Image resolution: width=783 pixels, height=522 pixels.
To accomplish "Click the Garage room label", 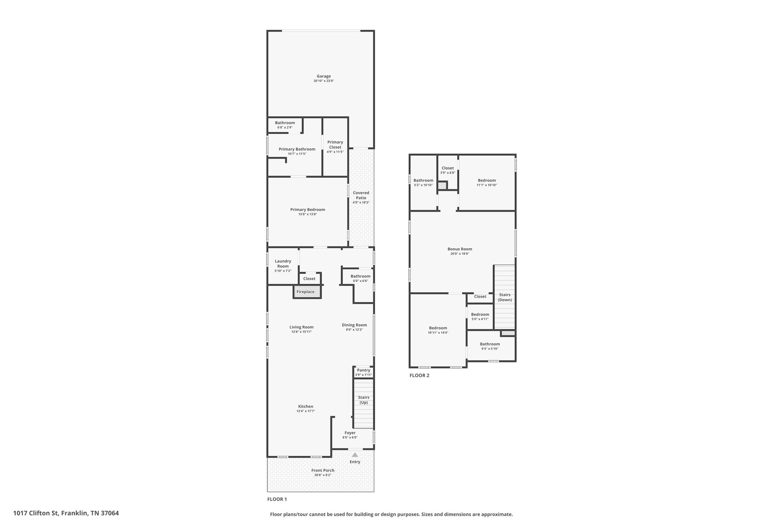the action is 324,76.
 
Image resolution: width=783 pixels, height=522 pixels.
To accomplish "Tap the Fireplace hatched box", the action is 307,292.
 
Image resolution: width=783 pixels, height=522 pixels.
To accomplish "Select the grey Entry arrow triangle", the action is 355,455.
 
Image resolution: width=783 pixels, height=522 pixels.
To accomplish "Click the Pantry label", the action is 364,370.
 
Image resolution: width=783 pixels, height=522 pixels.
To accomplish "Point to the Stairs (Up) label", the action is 364,400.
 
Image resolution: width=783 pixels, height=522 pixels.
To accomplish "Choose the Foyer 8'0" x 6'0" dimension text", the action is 350,437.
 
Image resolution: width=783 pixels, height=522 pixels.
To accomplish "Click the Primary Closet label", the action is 335,145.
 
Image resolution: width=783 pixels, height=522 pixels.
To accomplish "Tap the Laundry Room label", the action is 283,263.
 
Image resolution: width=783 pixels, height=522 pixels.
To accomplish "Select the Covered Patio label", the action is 361,195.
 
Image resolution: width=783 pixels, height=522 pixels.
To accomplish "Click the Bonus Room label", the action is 460,249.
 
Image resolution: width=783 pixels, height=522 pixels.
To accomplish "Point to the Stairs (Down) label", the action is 505,297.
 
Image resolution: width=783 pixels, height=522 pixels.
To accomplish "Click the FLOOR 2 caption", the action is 419,376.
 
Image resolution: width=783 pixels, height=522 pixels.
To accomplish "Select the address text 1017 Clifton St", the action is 36,513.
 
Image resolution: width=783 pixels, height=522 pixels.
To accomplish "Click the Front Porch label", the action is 323,470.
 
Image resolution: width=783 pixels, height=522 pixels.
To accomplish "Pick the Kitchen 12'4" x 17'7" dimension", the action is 306,411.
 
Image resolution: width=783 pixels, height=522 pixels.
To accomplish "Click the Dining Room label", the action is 354,325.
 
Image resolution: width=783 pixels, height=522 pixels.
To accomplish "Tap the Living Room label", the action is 302,327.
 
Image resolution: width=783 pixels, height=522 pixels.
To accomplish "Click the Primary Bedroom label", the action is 308,210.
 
